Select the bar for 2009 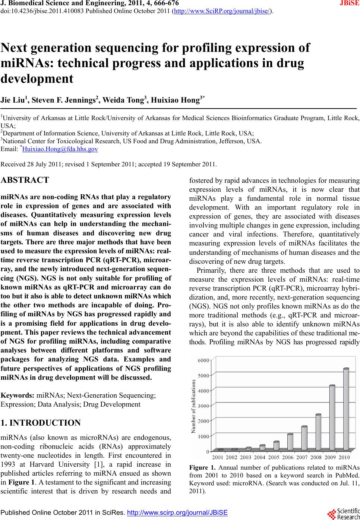(332, 417)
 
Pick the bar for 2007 (304, 438)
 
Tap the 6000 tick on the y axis (203, 360)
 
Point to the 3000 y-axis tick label (203, 406)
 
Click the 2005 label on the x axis (274, 457)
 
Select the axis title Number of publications (193, 406)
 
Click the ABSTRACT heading (25, 180)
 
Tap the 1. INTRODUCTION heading (41, 423)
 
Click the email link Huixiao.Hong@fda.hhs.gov (60, 149)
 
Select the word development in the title (37, 79)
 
